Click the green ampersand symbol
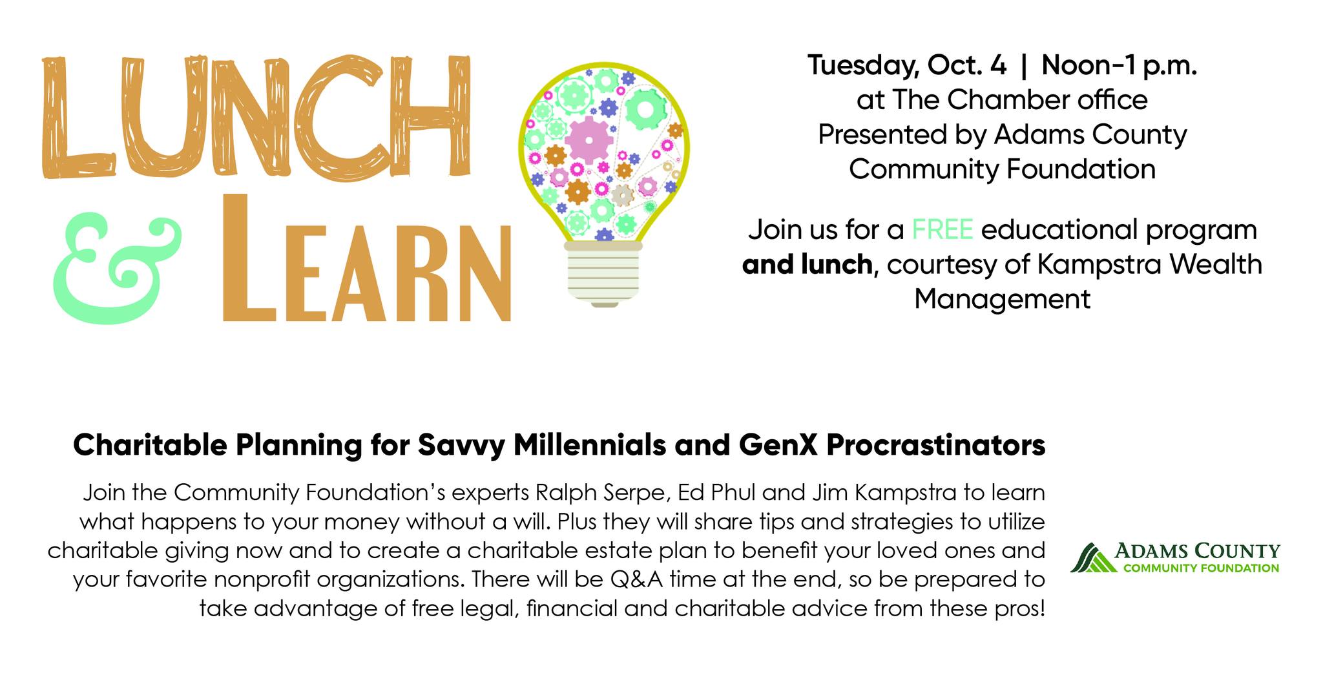point(118,271)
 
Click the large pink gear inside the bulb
point(589,139)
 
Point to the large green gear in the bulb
point(646,107)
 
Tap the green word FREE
point(942,230)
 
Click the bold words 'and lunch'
point(807,265)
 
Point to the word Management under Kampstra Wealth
point(1002,300)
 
